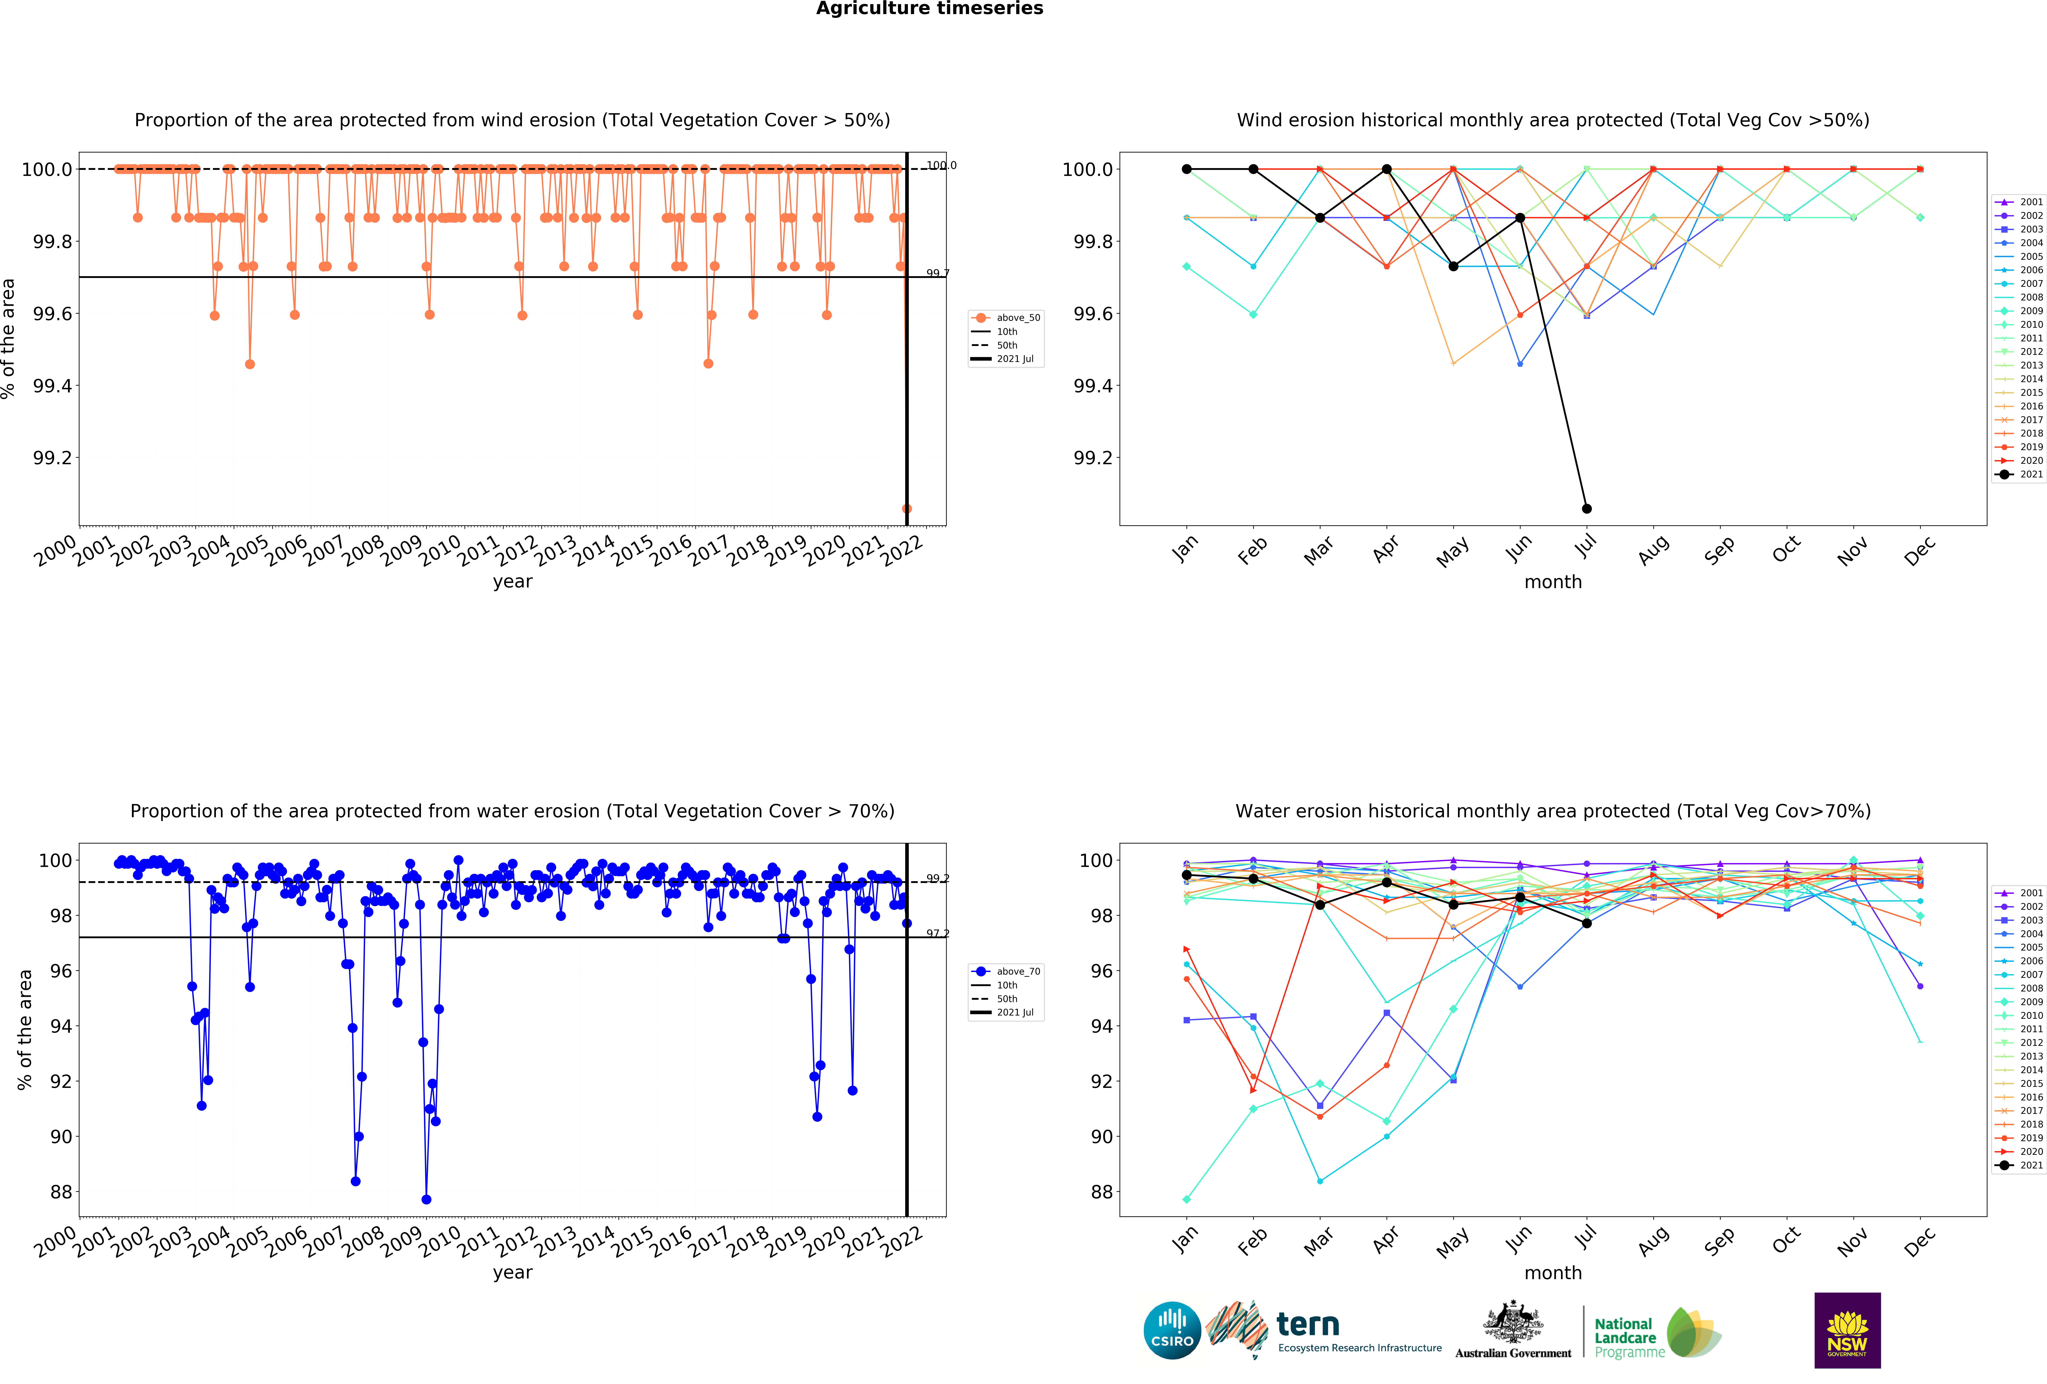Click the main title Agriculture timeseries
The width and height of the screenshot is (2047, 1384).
[929, 9]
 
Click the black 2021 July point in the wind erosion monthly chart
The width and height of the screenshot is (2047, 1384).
[1586, 508]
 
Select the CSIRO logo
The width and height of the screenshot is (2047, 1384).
[1172, 1330]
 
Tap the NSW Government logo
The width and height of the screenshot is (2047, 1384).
[1847, 1330]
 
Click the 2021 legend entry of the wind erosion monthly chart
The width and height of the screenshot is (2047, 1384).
[2019, 474]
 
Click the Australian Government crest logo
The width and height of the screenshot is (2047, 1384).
[1512, 1330]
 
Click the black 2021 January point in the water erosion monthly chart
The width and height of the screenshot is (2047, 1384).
[1186, 875]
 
